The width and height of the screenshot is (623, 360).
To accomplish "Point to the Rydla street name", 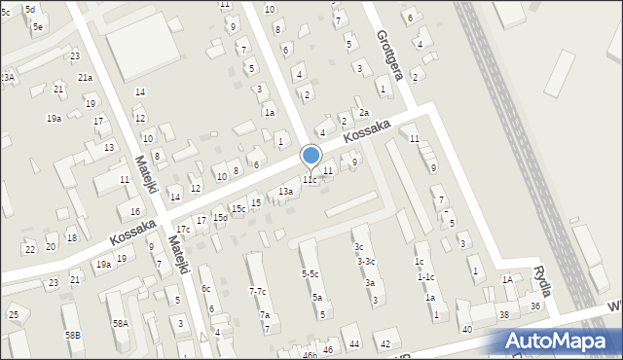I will tap(542, 280).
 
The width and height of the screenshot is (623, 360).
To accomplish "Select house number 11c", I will tap(309, 180).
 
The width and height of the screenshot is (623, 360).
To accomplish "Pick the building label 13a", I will tap(284, 192).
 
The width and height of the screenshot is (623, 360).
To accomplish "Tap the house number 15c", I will tap(238, 209).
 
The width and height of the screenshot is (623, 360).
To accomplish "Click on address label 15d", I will tap(221, 217).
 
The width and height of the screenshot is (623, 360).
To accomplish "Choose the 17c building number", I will tap(182, 229).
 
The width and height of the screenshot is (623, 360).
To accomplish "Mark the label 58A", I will tap(120, 323).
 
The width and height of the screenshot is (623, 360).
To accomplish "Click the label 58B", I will tap(73, 335).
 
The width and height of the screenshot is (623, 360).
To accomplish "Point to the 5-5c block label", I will tap(310, 274).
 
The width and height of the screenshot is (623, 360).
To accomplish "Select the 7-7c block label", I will tap(257, 292).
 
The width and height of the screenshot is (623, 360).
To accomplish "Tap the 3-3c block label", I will tap(366, 261).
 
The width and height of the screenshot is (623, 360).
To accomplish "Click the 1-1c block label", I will tap(425, 277).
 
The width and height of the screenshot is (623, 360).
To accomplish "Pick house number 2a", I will tap(363, 113).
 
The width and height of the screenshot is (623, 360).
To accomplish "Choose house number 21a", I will tap(85, 77).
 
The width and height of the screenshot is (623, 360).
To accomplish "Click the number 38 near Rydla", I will tap(504, 315).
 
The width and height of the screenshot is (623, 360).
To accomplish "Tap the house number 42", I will tap(385, 343).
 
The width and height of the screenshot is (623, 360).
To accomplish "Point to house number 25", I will tap(14, 314).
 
